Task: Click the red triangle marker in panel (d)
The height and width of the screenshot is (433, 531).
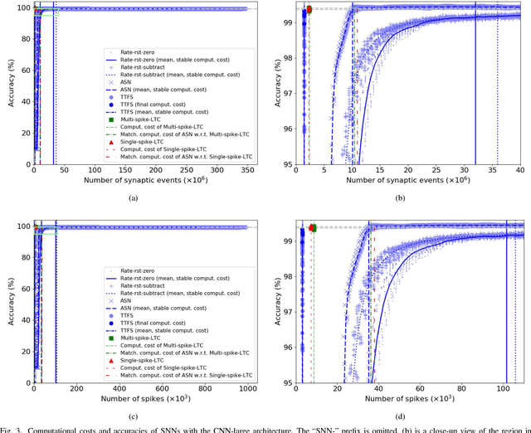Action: coord(310,227)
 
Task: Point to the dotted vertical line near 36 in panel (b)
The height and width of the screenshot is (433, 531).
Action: coord(497,83)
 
